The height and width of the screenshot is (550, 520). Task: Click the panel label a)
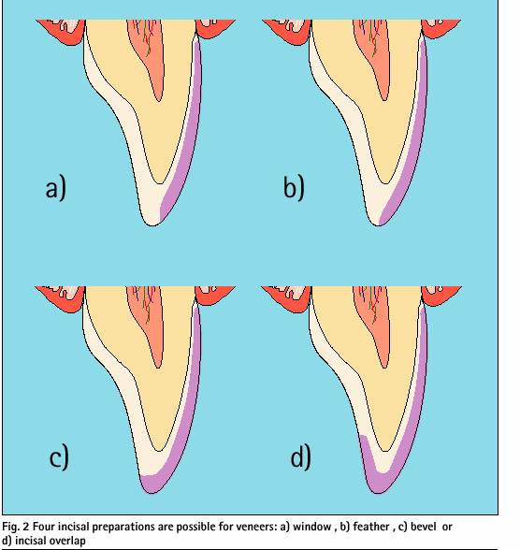click(56, 189)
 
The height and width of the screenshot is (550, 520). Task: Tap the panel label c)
click(59, 457)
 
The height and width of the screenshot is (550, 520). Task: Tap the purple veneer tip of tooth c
click(153, 483)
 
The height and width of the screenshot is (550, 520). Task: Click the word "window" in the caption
click(312, 527)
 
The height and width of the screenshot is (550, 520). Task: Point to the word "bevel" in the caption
click(424, 527)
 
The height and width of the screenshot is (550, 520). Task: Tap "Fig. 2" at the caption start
click(16, 528)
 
